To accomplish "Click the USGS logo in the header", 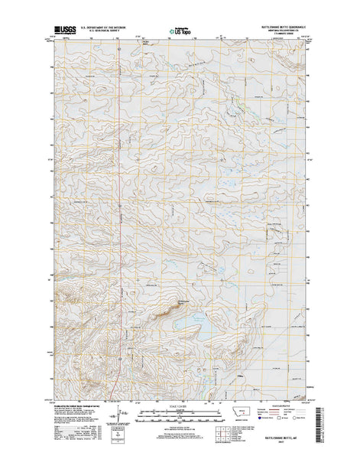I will pyautogui.click(x=65, y=31).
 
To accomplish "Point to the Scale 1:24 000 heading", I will pyautogui.click(x=180, y=390).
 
